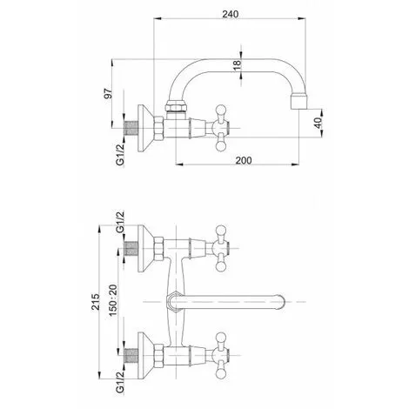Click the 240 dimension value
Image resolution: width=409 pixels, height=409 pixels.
tap(231, 14)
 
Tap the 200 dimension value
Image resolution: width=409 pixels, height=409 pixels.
tap(244, 160)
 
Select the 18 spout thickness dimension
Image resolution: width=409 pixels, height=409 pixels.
tap(237, 64)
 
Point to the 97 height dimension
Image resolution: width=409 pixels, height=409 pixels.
tap(108, 93)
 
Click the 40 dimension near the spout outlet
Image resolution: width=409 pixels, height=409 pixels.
tap(318, 124)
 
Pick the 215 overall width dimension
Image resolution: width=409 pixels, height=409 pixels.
tap(96, 302)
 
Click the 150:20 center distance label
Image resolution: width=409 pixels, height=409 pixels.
tap(113, 300)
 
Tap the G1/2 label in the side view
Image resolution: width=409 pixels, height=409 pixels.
tap(120, 154)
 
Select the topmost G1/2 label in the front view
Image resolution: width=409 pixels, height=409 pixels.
tap(120, 222)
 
